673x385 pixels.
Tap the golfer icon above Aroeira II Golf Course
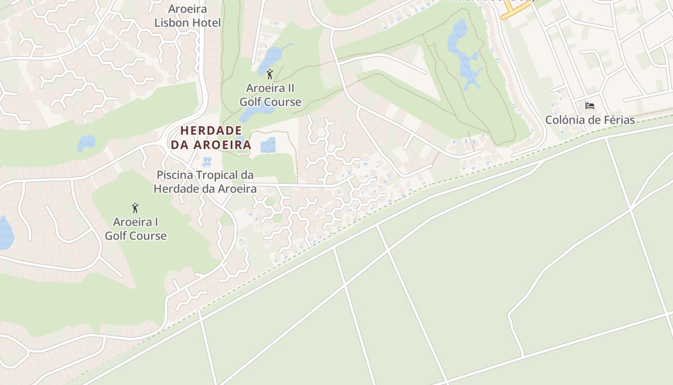tap(270, 75)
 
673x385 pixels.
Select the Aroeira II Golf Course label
tap(270, 95)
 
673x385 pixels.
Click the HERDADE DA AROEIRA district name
tap(211, 138)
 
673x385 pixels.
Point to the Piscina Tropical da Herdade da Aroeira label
tap(205, 182)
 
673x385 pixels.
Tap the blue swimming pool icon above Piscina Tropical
tap(207, 161)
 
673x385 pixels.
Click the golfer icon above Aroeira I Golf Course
tap(135, 208)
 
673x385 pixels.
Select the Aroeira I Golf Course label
tap(136, 229)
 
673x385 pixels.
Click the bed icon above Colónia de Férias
tap(590, 105)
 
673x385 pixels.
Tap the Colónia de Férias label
tap(590, 120)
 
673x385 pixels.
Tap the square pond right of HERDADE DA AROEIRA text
tap(268, 145)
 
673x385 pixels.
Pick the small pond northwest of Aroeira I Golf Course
tap(87, 142)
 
